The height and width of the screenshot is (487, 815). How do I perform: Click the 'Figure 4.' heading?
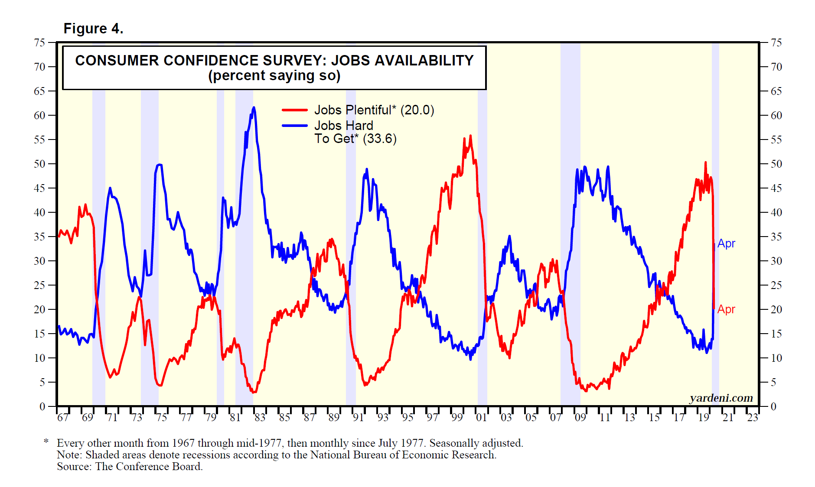click(93, 29)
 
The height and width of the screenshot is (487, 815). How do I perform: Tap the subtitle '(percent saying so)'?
click(274, 76)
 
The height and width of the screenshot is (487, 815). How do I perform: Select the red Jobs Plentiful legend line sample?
click(294, 110)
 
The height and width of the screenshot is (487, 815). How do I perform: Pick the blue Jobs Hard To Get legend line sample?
click(294, 126)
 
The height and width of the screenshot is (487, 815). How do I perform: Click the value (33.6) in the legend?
click(380, 139)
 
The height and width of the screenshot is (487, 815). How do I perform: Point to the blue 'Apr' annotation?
click(726, 243)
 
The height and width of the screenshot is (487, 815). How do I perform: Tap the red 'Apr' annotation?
click(726, 309)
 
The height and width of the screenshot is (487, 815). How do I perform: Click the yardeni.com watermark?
click(721, 398)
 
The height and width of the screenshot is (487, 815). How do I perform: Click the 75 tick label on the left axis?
click(39, 42)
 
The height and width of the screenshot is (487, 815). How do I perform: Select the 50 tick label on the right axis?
click(776, 164)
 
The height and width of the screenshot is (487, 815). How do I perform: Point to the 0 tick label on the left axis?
click(42, 406)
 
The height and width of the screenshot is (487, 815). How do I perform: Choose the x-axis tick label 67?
click(63, 418)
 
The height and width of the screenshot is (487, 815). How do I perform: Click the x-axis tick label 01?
click(481, 418)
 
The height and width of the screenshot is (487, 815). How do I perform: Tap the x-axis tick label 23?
click(753, 418)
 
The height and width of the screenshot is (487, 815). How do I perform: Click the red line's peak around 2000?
click(470, 136)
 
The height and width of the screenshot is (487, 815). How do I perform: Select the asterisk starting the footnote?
click(46, 442)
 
